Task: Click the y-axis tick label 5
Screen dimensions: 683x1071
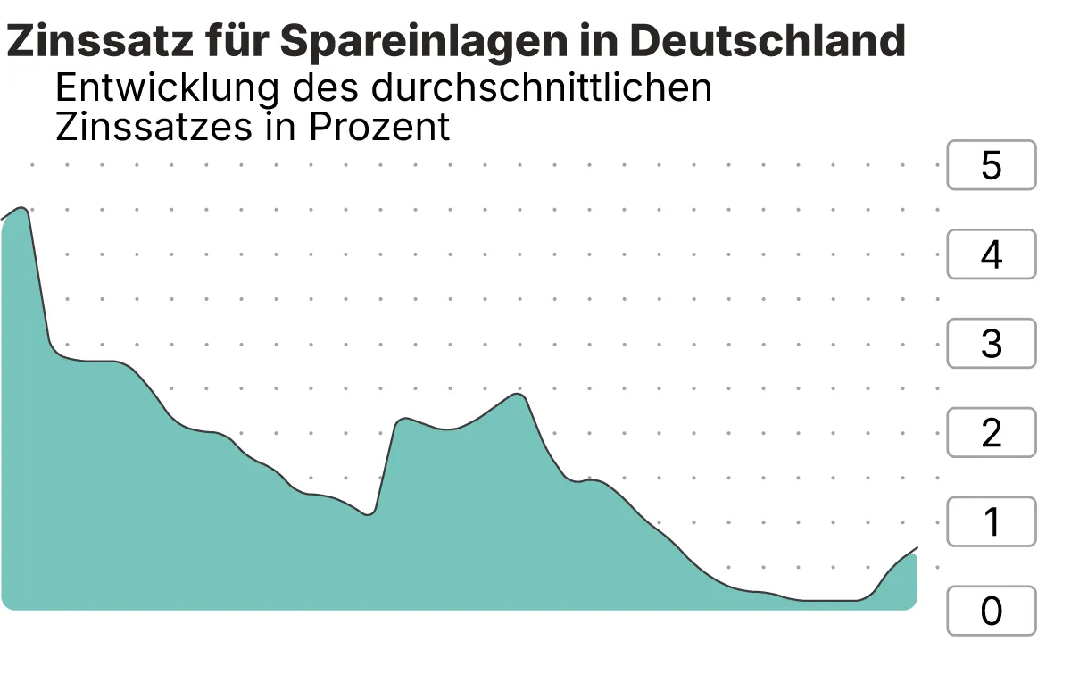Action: tap(991, 165)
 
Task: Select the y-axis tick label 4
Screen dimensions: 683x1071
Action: tap(991, 254)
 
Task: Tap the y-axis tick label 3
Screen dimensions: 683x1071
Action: tap(991, 344)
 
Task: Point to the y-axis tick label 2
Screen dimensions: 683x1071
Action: tap(991, 433)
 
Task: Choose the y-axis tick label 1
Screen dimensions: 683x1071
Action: tap(991, 522)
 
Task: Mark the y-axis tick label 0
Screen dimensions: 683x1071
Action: tap(991, 612)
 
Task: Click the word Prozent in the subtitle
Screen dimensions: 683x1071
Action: tap(379, 128)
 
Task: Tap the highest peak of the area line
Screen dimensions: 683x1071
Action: tap(22, 208)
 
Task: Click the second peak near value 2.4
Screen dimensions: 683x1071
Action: tap(516, 394)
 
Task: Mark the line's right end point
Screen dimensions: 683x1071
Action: tap(917, 547)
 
